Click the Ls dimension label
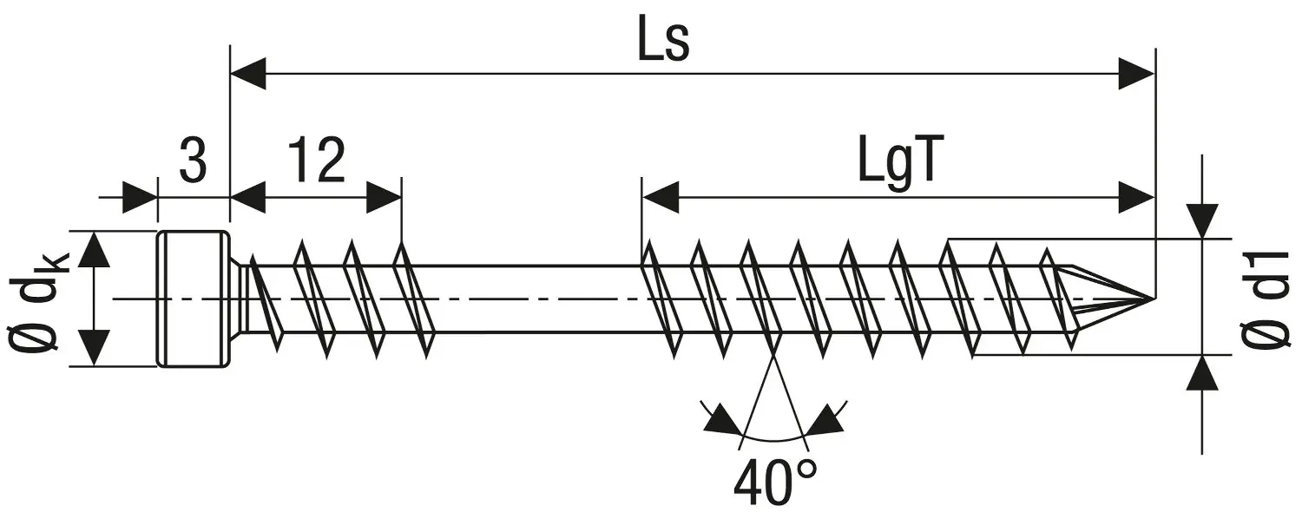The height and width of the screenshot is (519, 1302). click(x=663, y=38)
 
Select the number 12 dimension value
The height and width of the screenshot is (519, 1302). click(x=318, y=161)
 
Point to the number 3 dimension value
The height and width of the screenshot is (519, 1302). click(x=193, y=161)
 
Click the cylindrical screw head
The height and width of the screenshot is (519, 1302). click(x=193, y=299)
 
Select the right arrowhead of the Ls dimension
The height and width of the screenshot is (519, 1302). click(x=1137, y=74)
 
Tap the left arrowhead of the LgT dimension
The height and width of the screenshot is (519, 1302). click(x=660, y=198)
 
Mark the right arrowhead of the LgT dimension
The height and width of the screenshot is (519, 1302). click(x=1137, y=198)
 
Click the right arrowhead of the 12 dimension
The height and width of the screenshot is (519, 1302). click(x=384, y=198)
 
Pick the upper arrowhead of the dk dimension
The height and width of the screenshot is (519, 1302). click(x=94, y=250)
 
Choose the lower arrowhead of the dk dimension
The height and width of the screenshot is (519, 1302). click(x=94, y=348)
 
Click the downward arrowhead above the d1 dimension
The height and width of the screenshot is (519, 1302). click(x=1202, y=220)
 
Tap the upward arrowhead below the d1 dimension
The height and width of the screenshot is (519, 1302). click(x=1202, y=372)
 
